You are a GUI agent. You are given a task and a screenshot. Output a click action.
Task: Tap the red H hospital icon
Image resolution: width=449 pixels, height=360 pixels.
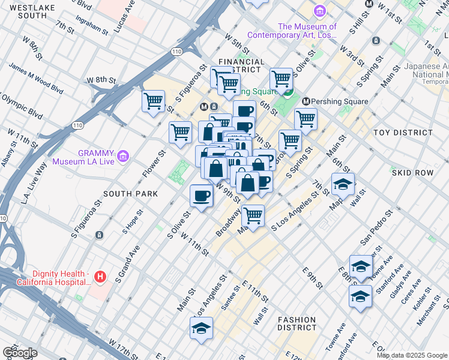click(x=100, y=277)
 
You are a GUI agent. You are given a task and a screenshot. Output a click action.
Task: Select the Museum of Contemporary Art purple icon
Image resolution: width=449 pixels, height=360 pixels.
click(x=319, y=11)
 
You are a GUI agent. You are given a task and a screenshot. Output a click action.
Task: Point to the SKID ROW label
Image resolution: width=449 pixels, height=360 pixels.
click(x=412, y=172)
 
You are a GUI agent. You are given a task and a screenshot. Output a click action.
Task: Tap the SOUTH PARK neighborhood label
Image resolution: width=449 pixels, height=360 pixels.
click(x=131, y=194)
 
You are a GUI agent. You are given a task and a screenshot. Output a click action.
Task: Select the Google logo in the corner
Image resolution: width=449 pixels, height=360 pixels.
click(x=20, y=352)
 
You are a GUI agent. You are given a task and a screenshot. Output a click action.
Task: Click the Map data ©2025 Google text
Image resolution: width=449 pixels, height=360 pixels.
click(x=412, y=355)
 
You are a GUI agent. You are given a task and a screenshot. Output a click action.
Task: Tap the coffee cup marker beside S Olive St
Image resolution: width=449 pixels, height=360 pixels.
click(x=201, y=195)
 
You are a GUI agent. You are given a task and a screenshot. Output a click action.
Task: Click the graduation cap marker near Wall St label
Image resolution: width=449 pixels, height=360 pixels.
click(x=343, y=184)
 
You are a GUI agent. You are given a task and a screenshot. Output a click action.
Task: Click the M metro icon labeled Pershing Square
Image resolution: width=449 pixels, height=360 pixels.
click(x=306, y=101)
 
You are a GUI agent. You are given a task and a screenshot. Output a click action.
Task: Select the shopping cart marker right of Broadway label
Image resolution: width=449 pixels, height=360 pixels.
click(x=253, y=215)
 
